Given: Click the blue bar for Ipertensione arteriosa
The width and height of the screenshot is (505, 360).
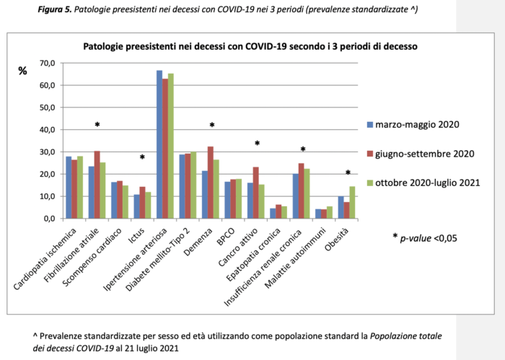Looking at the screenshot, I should click(159, 144).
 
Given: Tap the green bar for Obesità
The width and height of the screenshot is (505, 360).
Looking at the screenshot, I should click(352, 203).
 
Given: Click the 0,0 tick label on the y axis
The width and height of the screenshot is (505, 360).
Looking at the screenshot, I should click(49, 219).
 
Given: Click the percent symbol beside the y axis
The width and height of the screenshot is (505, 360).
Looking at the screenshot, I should click(22, 71).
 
